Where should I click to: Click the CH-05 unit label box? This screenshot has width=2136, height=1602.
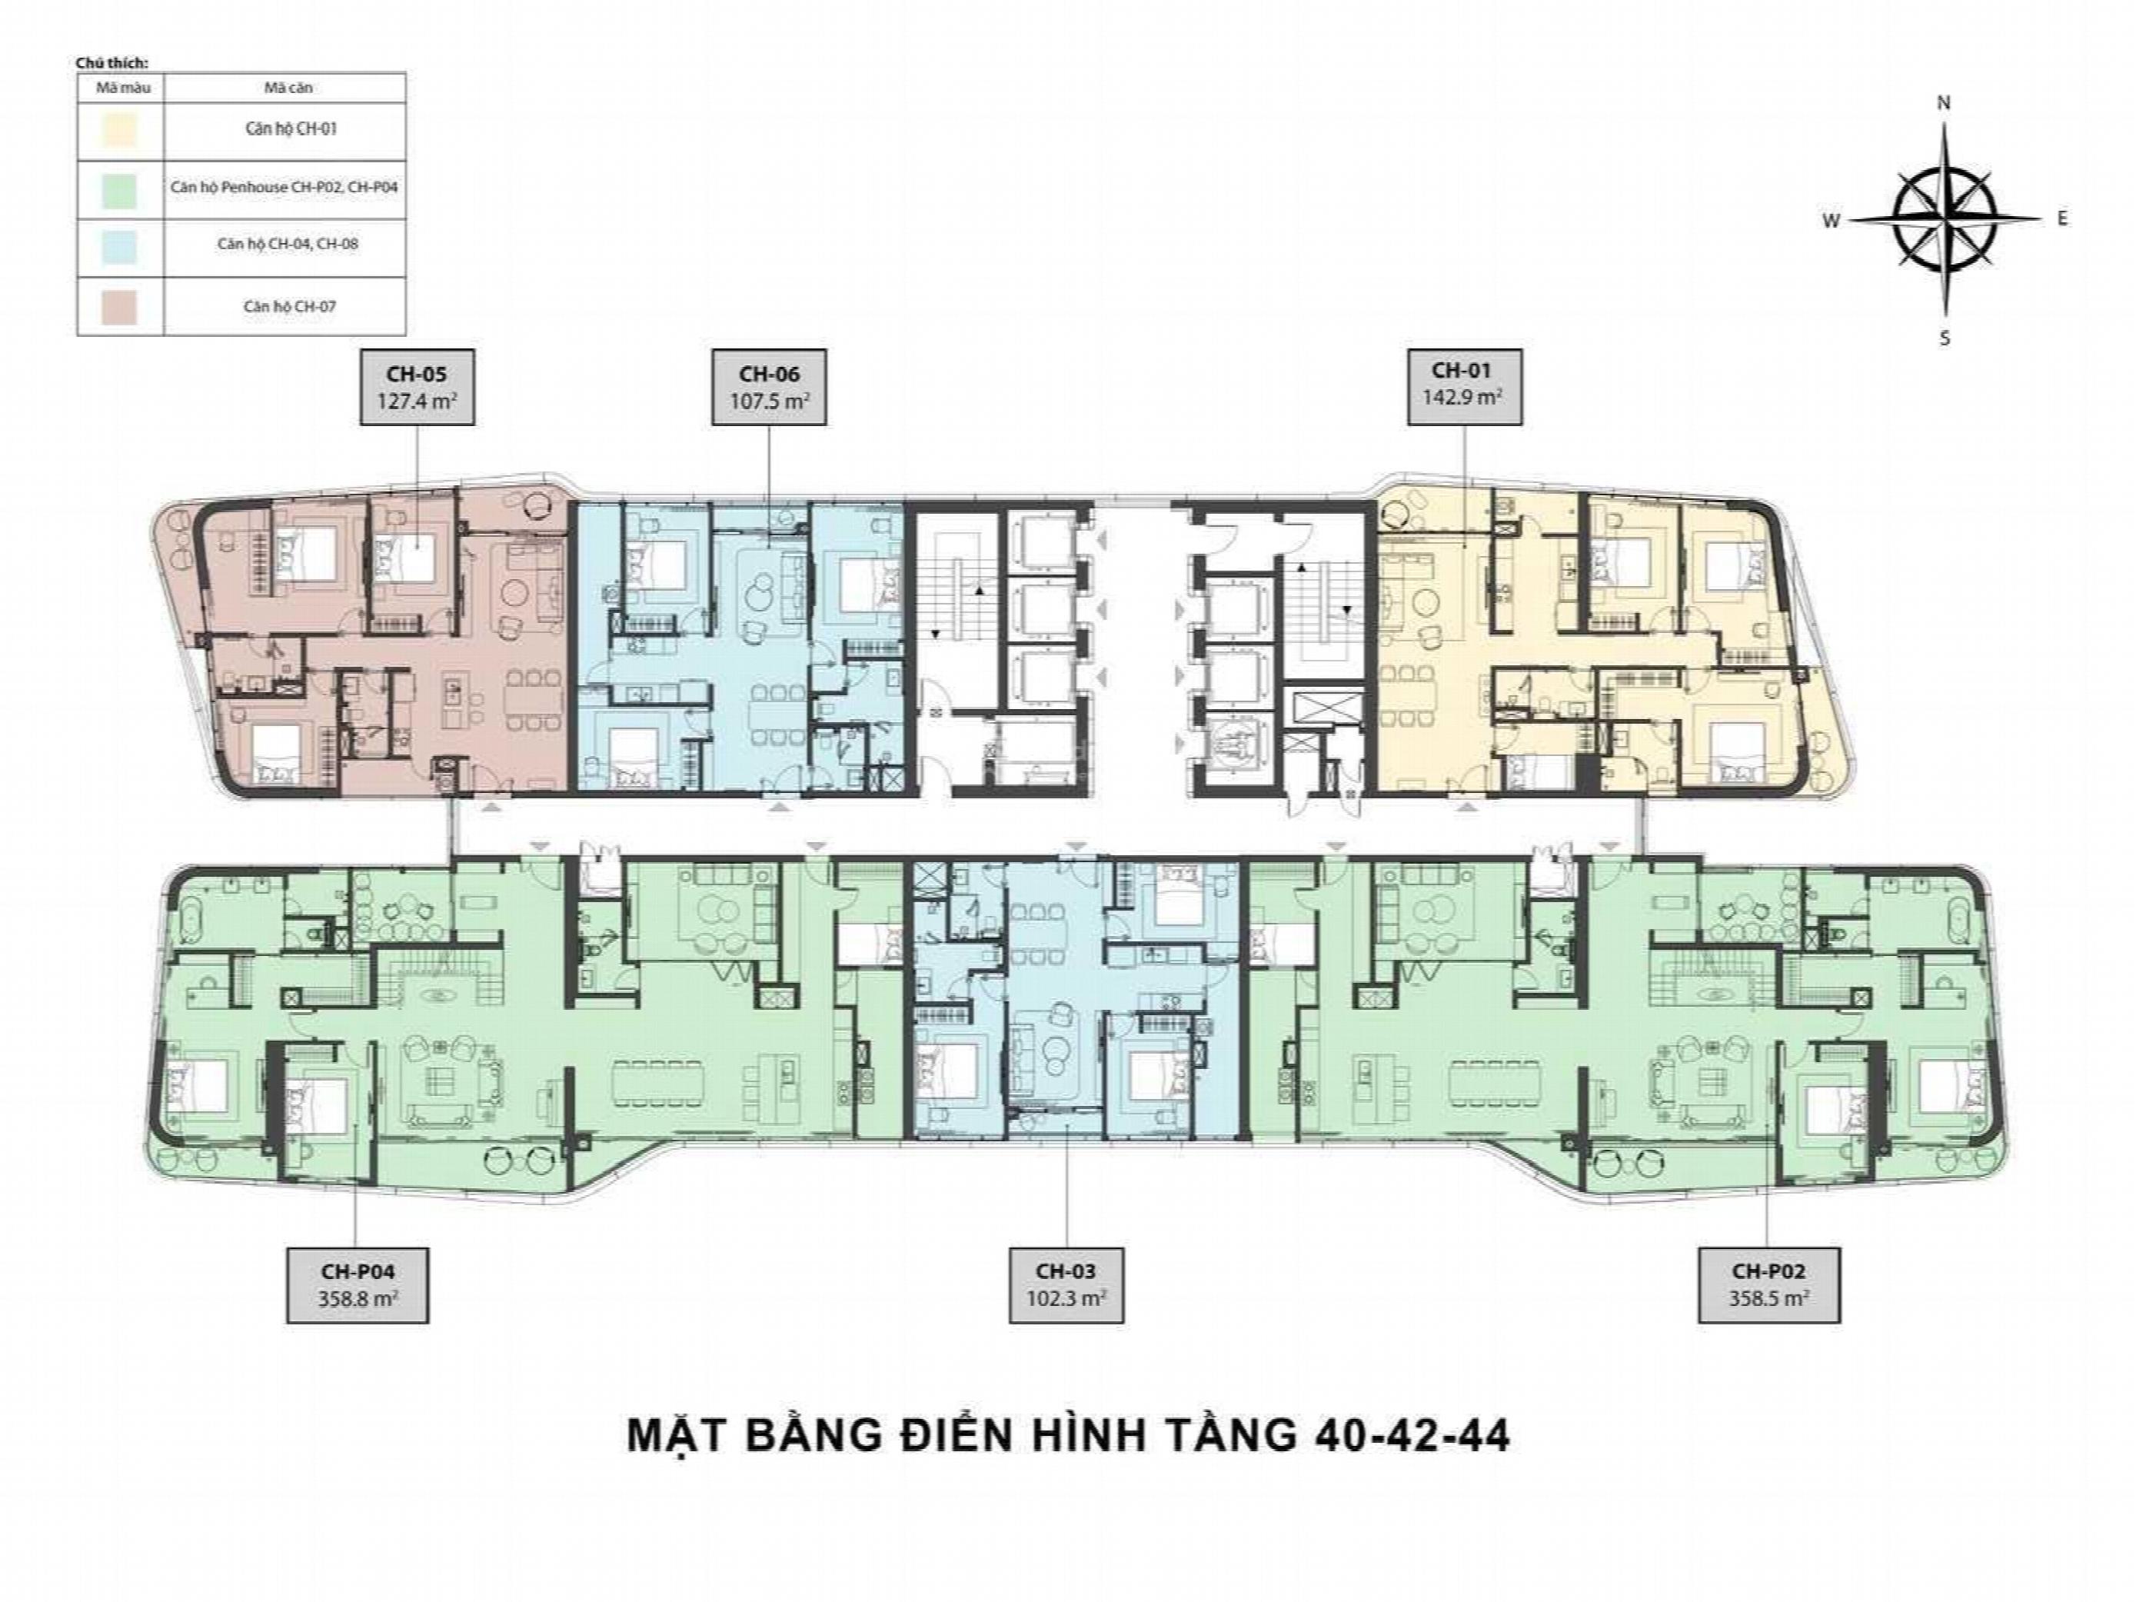(x=418, y=387)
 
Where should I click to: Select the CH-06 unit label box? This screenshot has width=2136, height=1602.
(x=769, y=387)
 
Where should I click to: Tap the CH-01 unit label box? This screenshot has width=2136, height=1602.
(x=1465, y=386)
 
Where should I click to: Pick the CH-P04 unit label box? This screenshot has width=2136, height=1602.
(x=358, y=1285)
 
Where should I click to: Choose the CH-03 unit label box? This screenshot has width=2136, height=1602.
(x=1066, y=1285)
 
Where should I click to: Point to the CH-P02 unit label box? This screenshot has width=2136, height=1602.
(x=1769, y=1285)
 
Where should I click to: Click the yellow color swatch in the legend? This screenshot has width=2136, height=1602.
(x=120, y=129)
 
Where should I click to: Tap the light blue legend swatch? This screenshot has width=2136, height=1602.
(x=120, y=245)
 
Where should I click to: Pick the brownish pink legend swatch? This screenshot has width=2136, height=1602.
(x=120, y=307)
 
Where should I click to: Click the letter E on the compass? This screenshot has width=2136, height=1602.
(x=2063, y=219)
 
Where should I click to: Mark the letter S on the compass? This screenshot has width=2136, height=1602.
(x=1945, y=338)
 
